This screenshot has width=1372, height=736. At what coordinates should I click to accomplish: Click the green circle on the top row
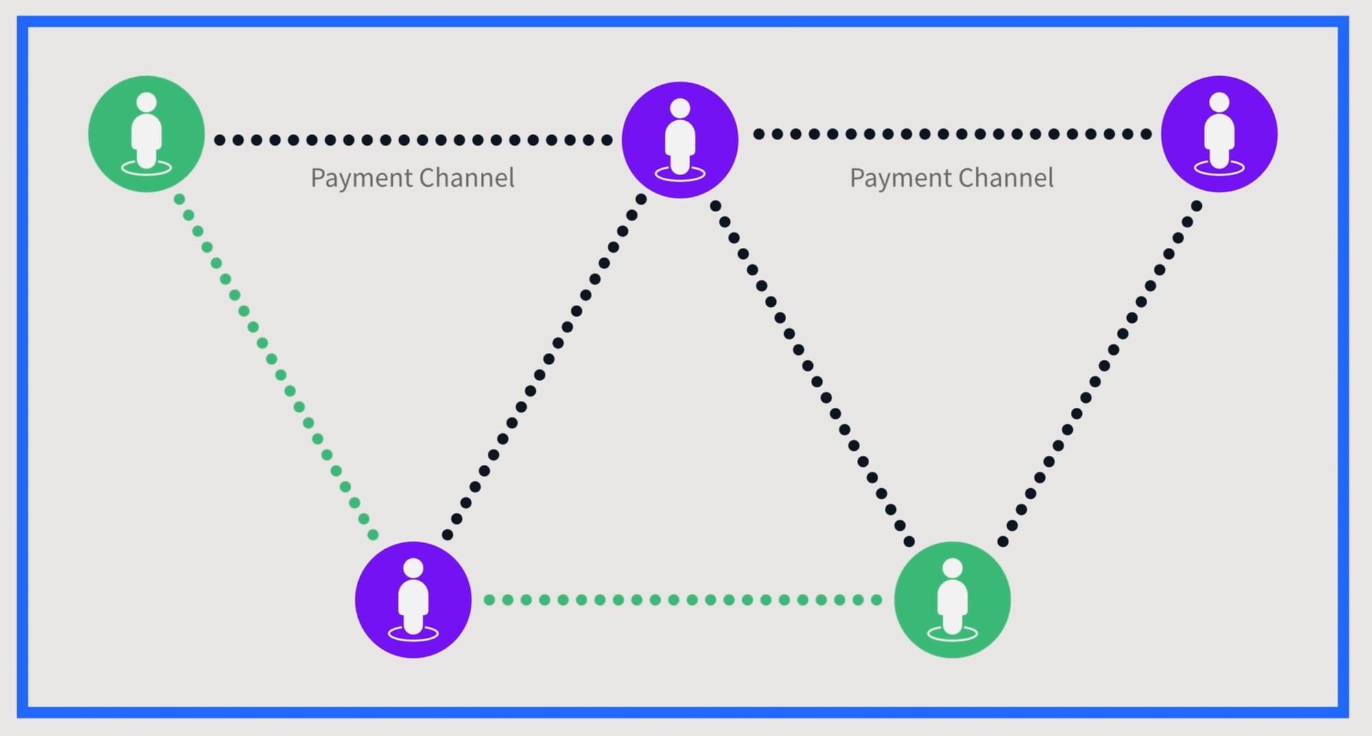point(146,134)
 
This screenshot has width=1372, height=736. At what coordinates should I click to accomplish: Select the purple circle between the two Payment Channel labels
point(680,140)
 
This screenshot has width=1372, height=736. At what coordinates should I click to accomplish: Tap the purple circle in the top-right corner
point(1219,134)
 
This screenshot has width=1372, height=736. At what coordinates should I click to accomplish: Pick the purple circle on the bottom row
point(413,599)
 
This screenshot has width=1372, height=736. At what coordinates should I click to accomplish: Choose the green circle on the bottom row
point(952,599)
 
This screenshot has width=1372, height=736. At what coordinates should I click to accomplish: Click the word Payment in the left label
point(361,179)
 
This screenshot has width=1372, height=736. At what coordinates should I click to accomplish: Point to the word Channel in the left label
point(466,178)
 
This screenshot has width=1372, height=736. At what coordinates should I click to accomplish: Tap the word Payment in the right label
point(900,179)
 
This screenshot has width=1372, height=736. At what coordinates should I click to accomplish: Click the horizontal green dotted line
point(683,600)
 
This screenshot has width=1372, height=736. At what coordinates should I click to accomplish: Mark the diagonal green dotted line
point(276,367)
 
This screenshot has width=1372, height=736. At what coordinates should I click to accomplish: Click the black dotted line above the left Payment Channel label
point(413,140)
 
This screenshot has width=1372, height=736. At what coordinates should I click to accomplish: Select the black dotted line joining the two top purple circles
point(952,134)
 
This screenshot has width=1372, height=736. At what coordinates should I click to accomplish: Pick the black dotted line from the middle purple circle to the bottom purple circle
point(545,367)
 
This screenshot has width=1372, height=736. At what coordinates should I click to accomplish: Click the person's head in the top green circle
point(146,102)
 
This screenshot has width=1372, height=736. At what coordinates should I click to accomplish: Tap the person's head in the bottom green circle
point(952,568)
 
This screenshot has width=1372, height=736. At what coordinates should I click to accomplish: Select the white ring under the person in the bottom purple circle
point(413,634)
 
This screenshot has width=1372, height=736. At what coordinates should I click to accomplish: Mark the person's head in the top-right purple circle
point(1219,102)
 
